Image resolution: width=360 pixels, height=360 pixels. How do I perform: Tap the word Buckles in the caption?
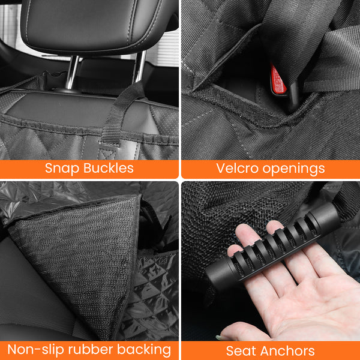109,168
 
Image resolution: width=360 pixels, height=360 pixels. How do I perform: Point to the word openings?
293,169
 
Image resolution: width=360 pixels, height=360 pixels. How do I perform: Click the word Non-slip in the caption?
35,349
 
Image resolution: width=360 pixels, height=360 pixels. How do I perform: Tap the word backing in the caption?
144,350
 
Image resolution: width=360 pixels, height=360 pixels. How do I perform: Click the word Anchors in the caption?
287,351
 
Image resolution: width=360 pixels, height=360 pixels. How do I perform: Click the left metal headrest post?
72,73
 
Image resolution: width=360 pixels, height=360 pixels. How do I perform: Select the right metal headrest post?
139,67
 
